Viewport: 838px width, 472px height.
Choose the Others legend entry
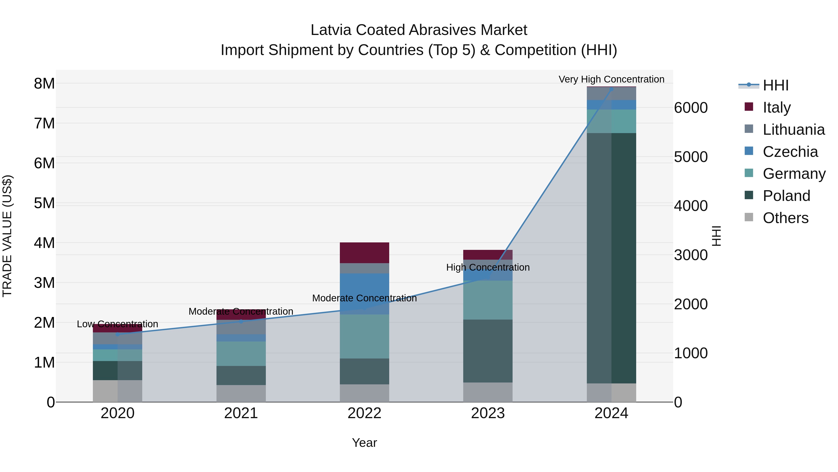(x=785, y=218)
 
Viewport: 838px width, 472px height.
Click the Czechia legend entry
(x=790, y=152)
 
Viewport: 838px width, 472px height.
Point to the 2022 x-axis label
(x=364, y=413)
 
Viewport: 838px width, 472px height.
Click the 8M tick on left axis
(x=44, y=84)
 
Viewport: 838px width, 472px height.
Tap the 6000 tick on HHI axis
(x=691, y=108)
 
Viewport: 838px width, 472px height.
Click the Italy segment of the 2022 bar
(x=364, y=252)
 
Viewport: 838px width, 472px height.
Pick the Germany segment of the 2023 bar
(x=488, y=300)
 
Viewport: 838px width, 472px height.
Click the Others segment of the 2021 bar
(x=241, y=393)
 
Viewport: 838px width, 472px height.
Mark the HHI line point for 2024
(x=611, y=89)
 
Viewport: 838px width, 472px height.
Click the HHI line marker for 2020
(x=118, y=334)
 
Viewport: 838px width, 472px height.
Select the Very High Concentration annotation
(x=611, y=79)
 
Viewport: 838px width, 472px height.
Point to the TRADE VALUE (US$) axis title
(x=7, y=236)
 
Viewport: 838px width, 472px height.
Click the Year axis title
(x=364, y=443)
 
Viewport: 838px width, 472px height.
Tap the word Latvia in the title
(x=331, y=30)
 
